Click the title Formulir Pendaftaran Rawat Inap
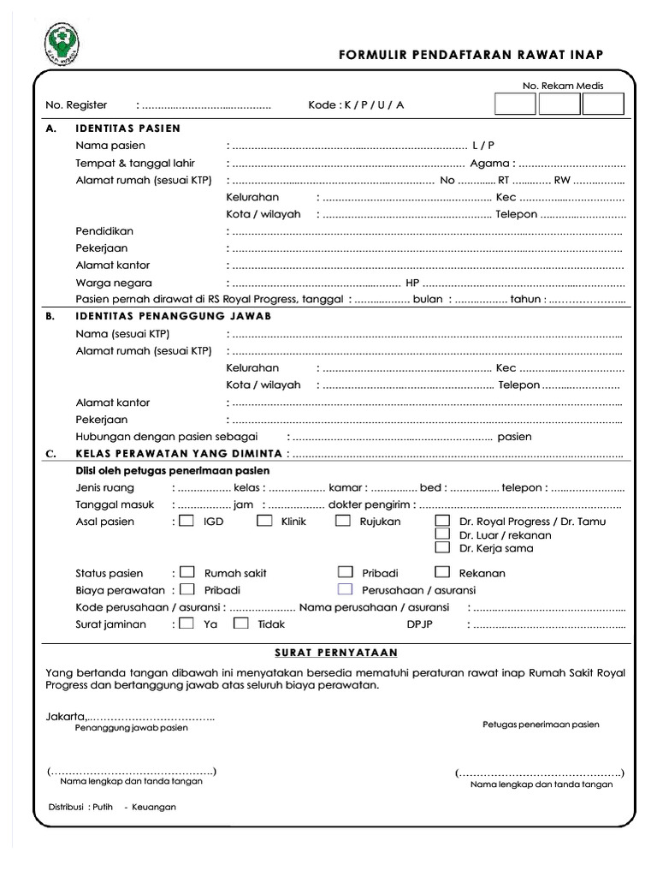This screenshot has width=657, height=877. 471,56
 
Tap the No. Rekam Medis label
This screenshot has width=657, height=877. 563,86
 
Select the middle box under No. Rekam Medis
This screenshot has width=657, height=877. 559,104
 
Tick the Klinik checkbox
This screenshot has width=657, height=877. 265,521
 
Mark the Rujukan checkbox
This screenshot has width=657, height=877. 343,521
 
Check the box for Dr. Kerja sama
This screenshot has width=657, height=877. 442,548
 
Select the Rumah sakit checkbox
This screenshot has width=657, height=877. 187,572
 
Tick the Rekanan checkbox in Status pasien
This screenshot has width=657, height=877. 442,572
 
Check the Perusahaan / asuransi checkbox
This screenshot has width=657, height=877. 345,589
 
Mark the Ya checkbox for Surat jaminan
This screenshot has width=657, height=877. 187,623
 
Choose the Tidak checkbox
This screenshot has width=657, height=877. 241,623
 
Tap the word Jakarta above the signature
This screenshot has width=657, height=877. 66,716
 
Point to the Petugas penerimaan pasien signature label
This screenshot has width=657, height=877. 541,725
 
